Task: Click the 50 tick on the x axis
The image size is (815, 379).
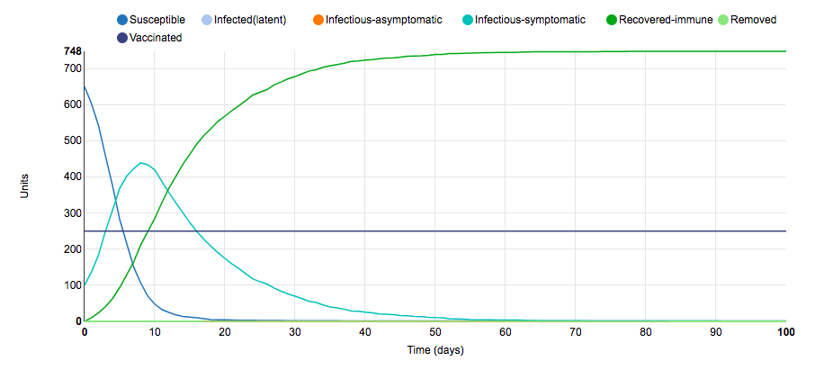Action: pyautogui.click(x=435, y=333)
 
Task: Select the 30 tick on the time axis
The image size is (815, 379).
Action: pyautogui.click(x=295, y=333)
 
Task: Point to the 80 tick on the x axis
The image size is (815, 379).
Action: pyautogui.click(x=646, y=333)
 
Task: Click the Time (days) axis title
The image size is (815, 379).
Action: pyautogui.click(x=434, y=350)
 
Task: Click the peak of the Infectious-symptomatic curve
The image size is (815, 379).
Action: pyautogui.click(x=141, y=163)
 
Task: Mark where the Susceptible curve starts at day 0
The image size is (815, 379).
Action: pyautogui.click(x=85, y=86)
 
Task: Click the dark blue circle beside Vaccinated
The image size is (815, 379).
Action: pyautogui.click(x=122, y=38)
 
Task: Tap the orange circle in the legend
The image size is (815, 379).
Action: pyautogui.click(x=318, y=20)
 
